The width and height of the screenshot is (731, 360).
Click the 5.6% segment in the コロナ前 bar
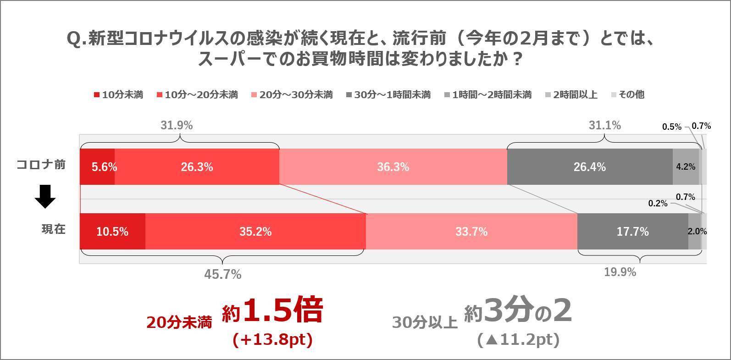point(97,167)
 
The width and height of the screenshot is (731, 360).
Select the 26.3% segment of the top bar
point(197,167)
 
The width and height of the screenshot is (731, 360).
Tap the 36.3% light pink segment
point(393,167)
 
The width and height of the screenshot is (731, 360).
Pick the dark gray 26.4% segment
point(589,167)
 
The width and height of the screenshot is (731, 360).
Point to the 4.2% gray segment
point(686,167)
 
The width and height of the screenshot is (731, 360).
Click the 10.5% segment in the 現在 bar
point(112,232)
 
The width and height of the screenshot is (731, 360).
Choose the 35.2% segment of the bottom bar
point(255,232)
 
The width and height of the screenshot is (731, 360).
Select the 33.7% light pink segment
point(471,232)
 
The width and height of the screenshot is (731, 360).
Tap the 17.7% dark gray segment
point(632,232)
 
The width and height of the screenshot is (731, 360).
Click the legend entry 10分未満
point(118,95)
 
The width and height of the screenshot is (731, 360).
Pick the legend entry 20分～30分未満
point(292,95)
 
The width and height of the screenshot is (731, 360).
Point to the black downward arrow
point(45,196)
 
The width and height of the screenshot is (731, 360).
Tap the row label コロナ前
point(41,165)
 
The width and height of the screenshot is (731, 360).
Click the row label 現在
point(53,229)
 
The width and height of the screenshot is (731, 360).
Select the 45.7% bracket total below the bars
point(222,274)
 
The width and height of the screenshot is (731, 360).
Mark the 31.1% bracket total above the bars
point(604,125)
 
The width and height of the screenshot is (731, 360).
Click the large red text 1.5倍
point(283,310)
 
